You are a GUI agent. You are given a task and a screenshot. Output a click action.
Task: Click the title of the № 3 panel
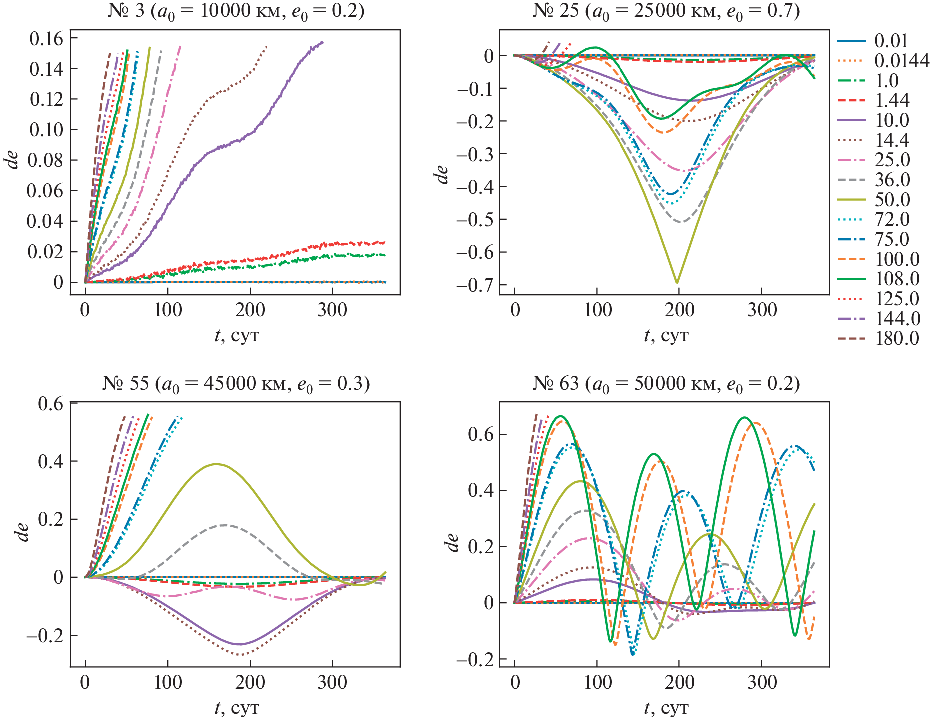tap(236, 11)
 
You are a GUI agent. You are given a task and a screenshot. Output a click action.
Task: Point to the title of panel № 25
tap(665, 11)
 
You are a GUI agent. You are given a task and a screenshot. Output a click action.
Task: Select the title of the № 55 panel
tap(236, 384)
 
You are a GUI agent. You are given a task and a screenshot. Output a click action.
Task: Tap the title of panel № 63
tap(665, 384)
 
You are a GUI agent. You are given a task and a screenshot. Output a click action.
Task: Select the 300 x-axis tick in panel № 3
tap(332, 310)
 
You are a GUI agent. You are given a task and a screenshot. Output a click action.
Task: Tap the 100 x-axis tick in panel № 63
tap(597, 683)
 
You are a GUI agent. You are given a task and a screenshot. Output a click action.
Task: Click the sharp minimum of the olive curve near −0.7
tap(677, 283)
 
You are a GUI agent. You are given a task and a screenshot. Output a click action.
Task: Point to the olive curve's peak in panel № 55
tap(216, 464)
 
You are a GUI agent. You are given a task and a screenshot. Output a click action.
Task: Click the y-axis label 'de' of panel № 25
tap(442, 174)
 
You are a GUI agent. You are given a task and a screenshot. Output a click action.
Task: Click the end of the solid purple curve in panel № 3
tap(323, 42)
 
